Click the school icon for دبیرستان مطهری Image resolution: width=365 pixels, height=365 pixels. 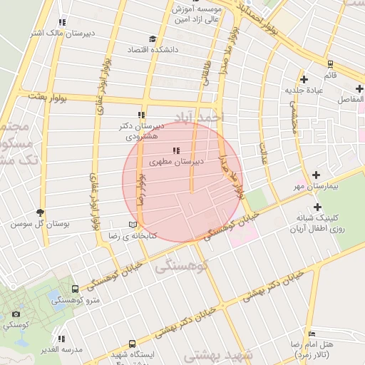coord(176,150)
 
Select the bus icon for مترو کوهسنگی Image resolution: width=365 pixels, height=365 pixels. coord(76,289)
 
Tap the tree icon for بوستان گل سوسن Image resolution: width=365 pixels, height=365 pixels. coord(40,212)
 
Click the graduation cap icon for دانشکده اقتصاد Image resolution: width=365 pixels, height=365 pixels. coord(152,40)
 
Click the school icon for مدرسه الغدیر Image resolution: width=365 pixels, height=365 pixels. coord(62,339)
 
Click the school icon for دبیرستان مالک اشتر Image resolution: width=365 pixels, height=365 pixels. coord(62,23)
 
